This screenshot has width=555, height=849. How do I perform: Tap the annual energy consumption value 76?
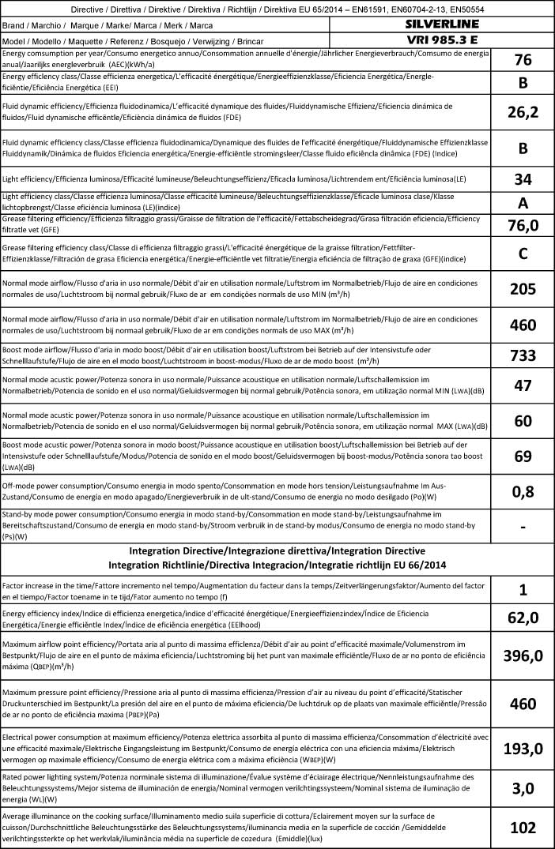point(522,60)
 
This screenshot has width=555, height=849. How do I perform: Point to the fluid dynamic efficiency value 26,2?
point(522,112)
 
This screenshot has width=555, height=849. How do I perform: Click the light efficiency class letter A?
point(522,202)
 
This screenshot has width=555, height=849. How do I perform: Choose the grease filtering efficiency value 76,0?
point(522,227)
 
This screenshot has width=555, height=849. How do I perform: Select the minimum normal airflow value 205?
point(522,289)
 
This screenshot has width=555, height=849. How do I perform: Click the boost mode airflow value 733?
point(522,355)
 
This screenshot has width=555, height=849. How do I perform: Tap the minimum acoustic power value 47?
point(522,386)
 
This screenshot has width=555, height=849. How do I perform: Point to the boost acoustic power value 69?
point(522,456)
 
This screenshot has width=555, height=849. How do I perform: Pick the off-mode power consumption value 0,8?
point(522,491)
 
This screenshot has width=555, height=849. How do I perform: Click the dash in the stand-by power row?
point(522,525)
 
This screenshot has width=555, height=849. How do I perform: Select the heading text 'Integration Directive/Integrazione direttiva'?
point(276,550)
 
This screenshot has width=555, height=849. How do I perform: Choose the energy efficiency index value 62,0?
point(522,618)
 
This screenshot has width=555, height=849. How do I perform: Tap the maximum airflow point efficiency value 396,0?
point(522,656)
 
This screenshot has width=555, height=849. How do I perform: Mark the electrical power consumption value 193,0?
point(522,749)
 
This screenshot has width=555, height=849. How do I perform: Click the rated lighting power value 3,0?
point(522,787)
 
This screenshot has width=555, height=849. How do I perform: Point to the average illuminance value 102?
point(522,827)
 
